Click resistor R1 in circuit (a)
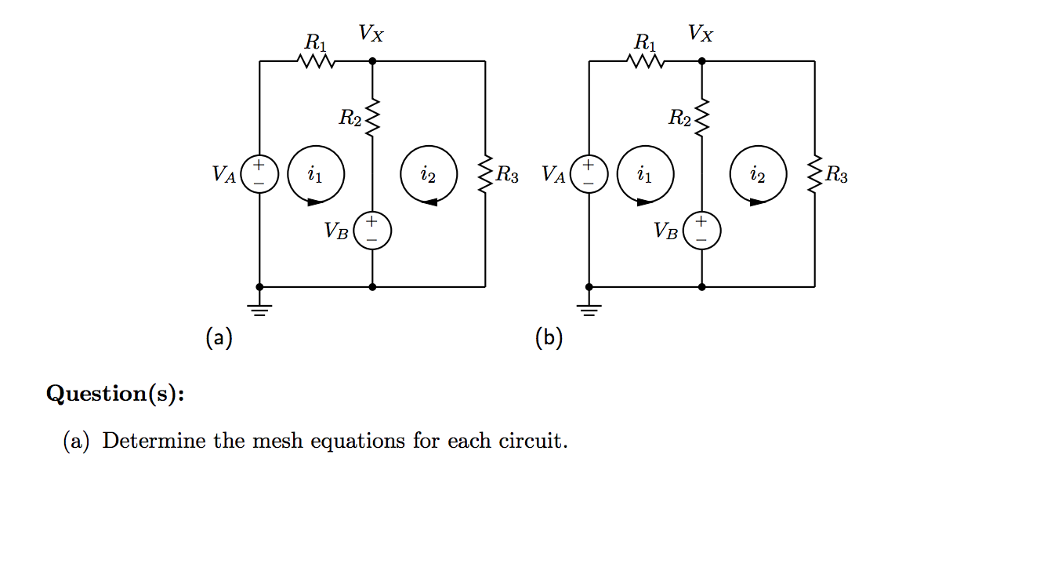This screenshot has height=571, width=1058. point(317,60)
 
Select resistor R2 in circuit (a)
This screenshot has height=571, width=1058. point(372,118)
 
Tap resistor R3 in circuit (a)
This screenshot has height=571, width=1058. point(485,174)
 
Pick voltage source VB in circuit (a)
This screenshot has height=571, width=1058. point(372,231)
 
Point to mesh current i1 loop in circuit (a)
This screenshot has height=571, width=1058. point(315,175)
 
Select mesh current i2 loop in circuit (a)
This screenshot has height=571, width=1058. point(428,175)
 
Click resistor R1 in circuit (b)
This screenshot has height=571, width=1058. point(647,60)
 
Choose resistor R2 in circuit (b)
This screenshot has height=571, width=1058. point(701,118)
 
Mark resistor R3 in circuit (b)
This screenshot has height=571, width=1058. point(814,174)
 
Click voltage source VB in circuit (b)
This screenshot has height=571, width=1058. point(701,231)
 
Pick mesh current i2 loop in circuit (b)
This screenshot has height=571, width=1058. point(757,175)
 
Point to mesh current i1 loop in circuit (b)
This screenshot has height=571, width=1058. point(644,175)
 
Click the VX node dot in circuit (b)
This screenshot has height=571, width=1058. point(701,60)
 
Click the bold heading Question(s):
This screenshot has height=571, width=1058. point(116,393)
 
